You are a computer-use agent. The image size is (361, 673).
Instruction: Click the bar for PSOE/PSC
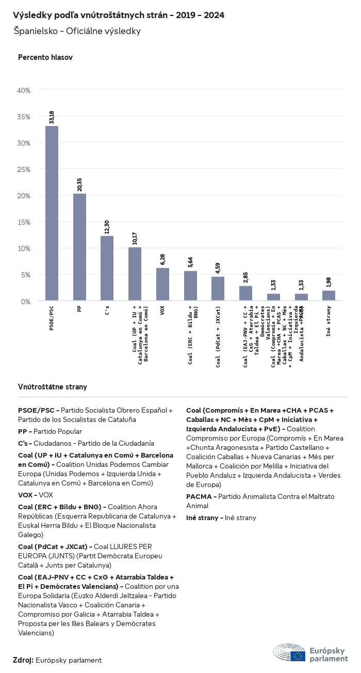click(x=52, y=213)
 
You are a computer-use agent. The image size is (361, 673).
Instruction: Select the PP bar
click(x=79, y=247)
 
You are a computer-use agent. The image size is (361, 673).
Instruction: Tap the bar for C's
click(x=107, y=268)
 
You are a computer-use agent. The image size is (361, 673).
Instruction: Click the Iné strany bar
click(x=329, y=295)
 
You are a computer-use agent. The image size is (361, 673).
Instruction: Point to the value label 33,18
click(x=52, y=117)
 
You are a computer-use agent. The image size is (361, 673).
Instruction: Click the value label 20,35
click(x=79, y=184)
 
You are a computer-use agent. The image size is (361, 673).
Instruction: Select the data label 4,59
click(x=218, y=268)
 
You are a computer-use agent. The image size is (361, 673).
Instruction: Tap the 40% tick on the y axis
click(x=24, y=90)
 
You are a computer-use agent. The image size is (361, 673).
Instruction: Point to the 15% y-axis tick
click(x=24, y=222)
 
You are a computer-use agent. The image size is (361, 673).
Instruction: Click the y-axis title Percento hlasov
click(x=45, y=57)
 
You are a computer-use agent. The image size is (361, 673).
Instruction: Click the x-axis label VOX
click(x=162, y=311)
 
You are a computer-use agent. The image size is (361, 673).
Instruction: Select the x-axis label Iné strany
click(x=329, y=322)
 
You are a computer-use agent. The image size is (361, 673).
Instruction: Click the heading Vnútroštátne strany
click(x=53, y=386)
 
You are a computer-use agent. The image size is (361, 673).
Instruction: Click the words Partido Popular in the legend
click(x=57, y=431)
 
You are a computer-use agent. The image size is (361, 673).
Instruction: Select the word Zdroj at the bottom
click(x=23, y=660)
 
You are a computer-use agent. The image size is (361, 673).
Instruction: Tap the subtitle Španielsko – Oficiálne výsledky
click(x=77, y=32)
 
